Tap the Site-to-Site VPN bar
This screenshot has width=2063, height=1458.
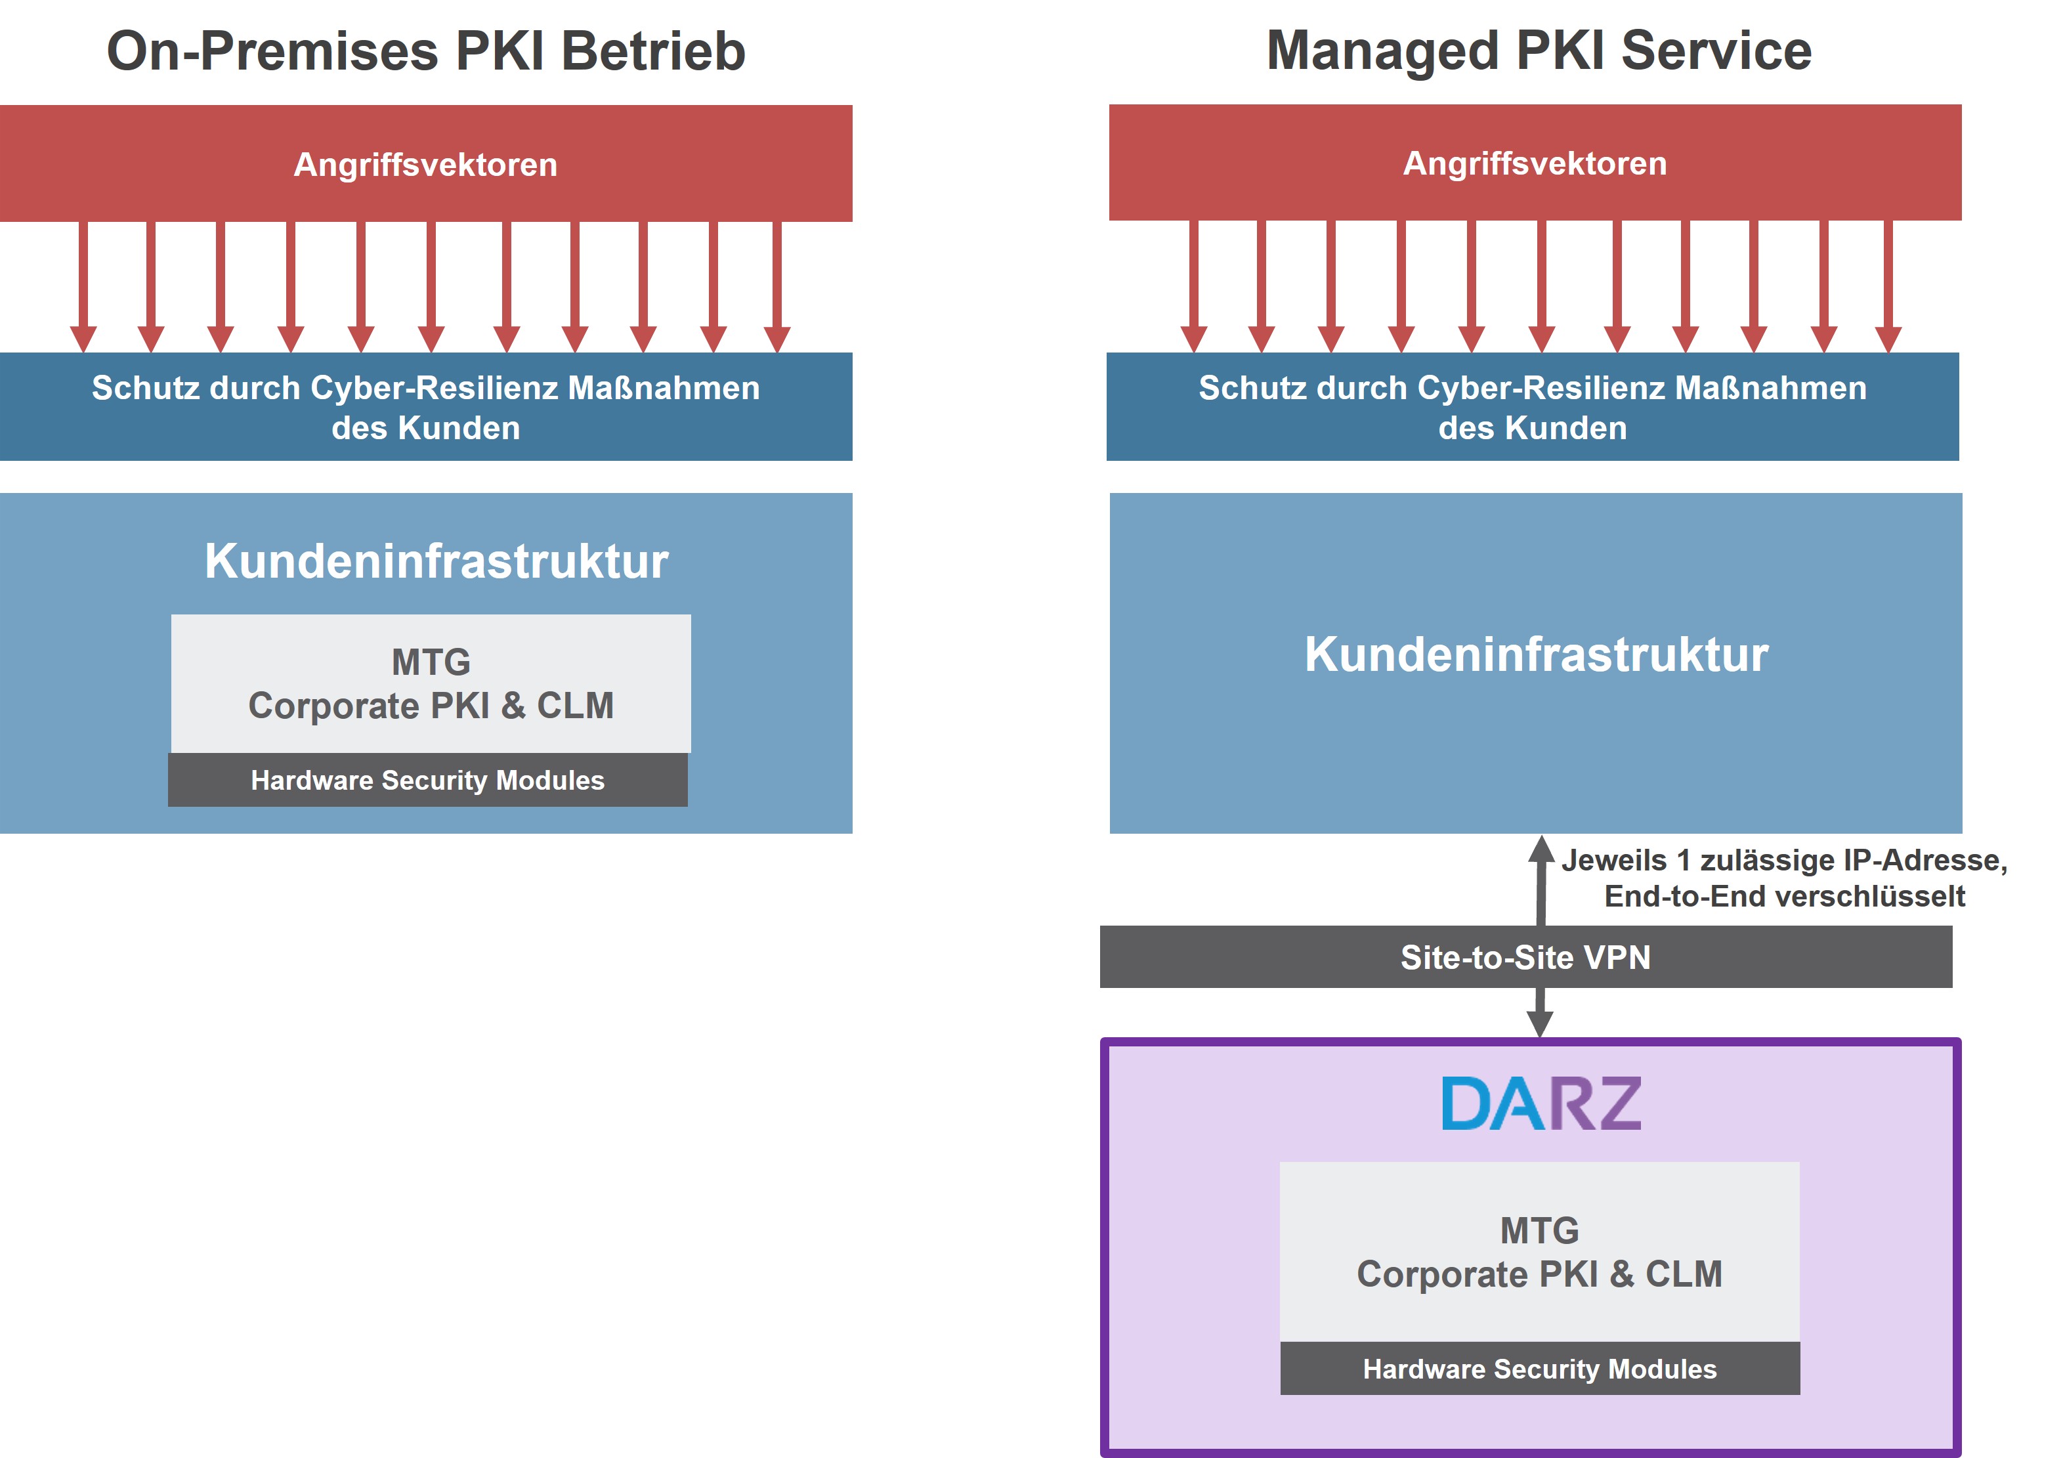coord(1525,957)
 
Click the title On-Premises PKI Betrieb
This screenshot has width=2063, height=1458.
coord(426,51)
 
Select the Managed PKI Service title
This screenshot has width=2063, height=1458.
coord(1539,51)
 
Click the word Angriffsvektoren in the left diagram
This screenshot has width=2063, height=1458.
coord(426,165)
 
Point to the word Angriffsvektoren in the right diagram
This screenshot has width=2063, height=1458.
coord(1535,163)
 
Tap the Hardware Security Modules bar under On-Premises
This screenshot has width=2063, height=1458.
coord(428,781)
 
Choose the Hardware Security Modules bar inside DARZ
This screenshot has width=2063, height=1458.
coord(1539,1368)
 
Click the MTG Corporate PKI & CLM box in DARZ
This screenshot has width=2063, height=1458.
coord(1539,1252)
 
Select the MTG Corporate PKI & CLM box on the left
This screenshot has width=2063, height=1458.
coord(431,684)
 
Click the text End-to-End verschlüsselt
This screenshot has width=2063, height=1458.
coord(1785,896)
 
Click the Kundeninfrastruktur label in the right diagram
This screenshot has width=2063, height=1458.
coord(1537,654)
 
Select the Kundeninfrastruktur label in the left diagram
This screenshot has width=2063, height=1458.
coord(436,561)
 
